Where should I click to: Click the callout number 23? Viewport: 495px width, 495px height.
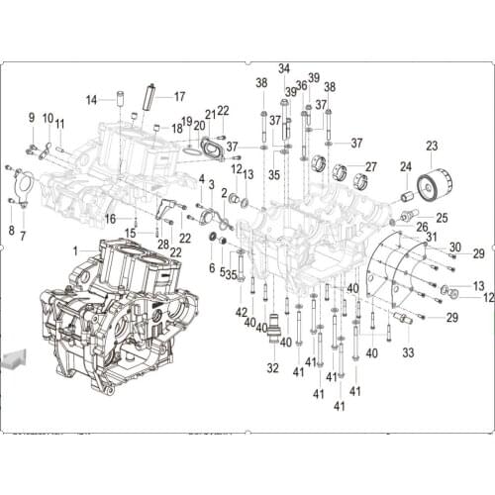(432, 147)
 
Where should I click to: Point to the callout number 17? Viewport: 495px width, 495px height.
(180, 96)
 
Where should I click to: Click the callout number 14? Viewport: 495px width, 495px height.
(92, 99)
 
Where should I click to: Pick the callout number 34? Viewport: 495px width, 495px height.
(284, 68)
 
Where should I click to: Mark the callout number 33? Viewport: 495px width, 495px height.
(408, 352)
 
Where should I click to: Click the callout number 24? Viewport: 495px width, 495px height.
(406, 166)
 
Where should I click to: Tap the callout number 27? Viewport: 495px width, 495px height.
(370, 166)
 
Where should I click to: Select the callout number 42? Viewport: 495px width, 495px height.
(242, 313)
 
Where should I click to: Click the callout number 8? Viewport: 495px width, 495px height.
(11, 230)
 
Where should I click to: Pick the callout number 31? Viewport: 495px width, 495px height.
(432, 237)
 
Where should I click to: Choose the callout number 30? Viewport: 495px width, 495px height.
(453, 247)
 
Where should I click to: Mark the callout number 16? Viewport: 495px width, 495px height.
(111, 219)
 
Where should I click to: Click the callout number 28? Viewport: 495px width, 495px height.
(163, 244)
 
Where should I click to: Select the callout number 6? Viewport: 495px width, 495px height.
(211, 267)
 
